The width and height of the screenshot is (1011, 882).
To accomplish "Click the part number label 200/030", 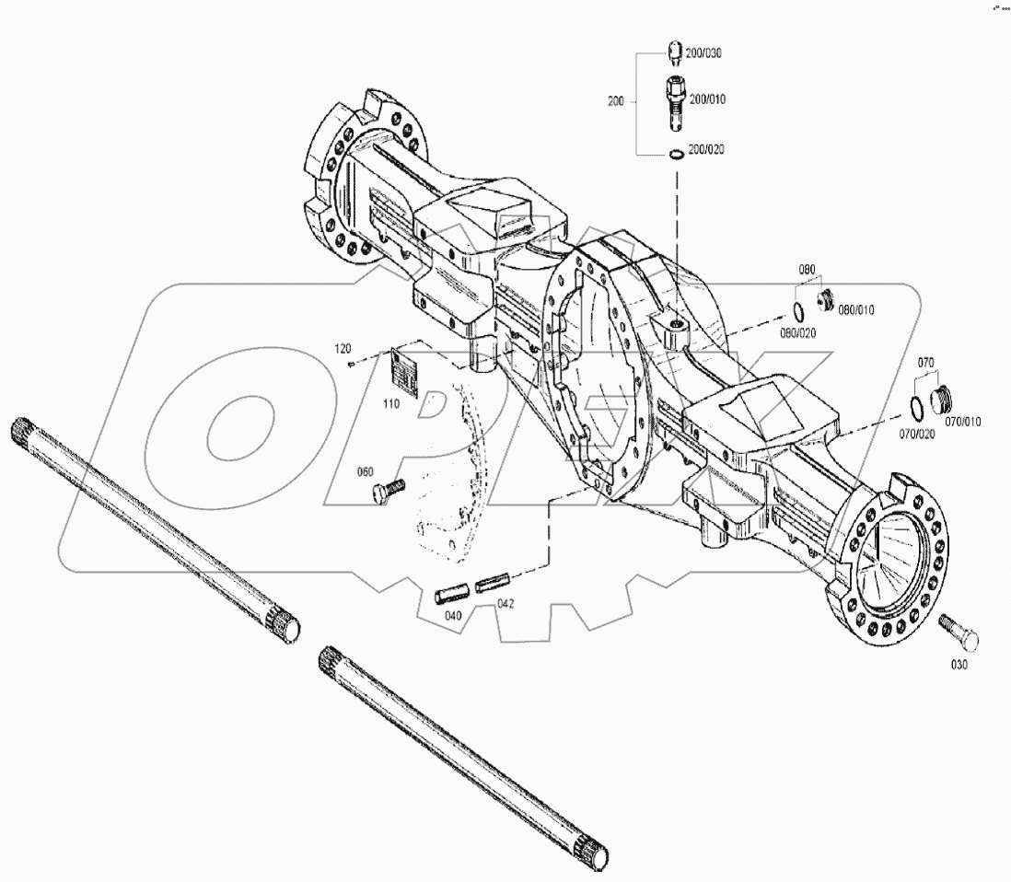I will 705,53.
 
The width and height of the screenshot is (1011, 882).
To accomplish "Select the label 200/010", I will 707,99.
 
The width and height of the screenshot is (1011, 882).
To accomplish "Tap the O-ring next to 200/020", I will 675,153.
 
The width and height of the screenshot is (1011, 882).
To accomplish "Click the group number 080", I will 807,270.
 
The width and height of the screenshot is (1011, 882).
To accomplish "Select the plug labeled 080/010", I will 826,300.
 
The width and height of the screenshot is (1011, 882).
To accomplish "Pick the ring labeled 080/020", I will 799,308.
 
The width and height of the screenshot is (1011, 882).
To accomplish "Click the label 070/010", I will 962,422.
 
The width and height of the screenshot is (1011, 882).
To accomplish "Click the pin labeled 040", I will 454,590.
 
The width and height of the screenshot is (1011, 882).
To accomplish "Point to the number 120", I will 343,349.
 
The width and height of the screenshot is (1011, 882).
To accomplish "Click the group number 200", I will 616,101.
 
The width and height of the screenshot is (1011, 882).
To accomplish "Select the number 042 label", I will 505,604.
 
